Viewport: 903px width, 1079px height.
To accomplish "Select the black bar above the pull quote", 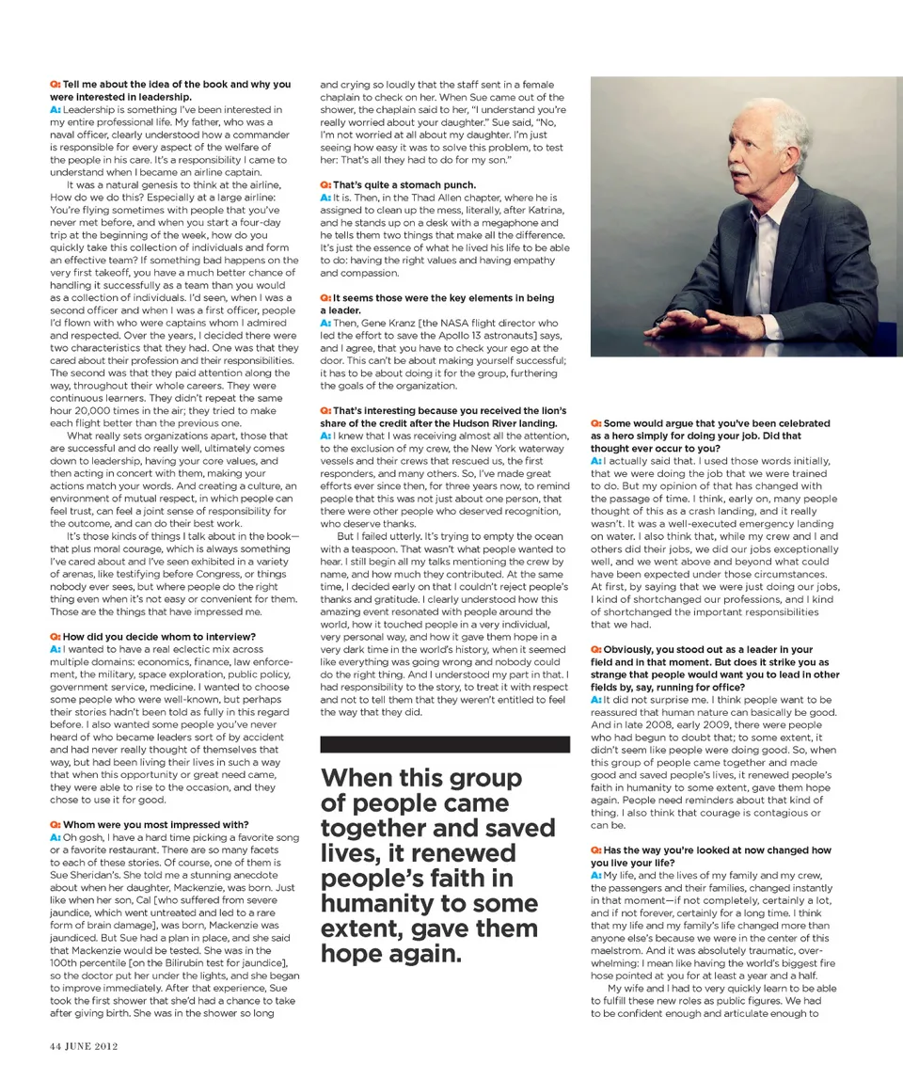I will click(445, 744).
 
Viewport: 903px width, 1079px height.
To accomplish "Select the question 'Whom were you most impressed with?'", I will click(155, 825).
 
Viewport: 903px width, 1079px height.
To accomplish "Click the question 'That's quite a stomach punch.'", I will click(404, 185).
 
